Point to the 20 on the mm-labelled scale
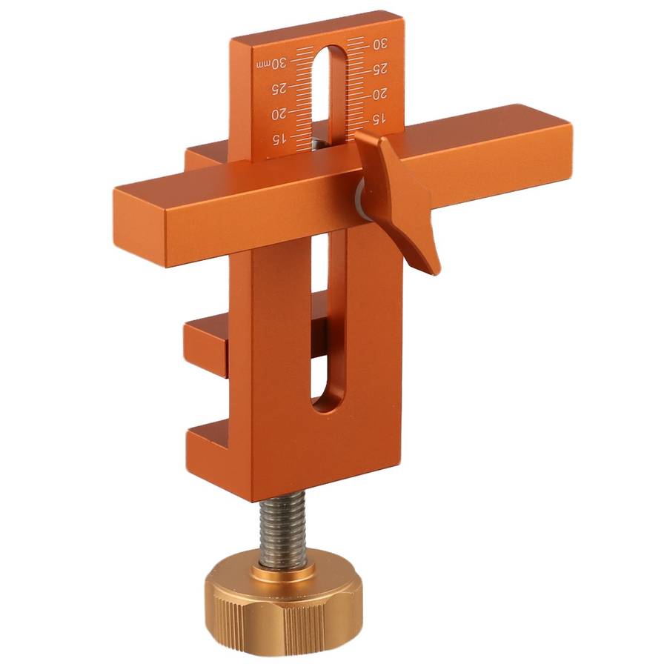(x=279, y=114)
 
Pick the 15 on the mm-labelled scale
(x=280, y=139)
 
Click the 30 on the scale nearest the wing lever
(x=378, y=44)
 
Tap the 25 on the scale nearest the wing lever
(x=379, y=69)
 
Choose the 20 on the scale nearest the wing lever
(x=379, y=94)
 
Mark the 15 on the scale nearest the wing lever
(x=378, y=119)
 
